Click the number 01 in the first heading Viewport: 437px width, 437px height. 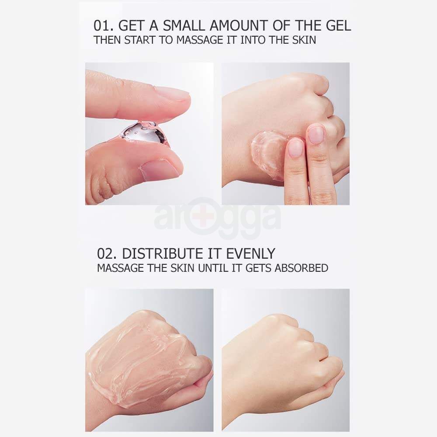[x=101, y=26]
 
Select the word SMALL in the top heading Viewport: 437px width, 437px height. [x=184, y=26]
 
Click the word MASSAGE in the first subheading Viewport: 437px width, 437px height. [x=200, y=40]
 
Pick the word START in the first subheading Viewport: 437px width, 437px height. [x=139, y=40]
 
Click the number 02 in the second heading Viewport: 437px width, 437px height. [x=105, y=253]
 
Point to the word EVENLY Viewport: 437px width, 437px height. [x=250, y=253]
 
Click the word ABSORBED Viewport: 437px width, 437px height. [x=301, y=268]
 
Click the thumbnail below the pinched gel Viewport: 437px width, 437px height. [x=161, y=168]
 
